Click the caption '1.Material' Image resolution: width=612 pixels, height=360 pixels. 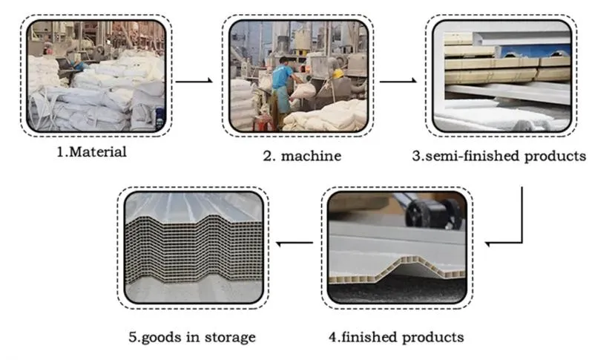click(x=93, y=153)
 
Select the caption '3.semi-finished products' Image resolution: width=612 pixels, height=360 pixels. click(x=499, y=156)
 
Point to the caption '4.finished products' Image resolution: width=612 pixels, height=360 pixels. click(x=396, y=337)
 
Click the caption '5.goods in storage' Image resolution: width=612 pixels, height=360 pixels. click(x=191, y=337)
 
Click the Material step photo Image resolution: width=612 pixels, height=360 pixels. click(x=97, y=76)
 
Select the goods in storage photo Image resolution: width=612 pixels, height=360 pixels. click(x=194, y=246)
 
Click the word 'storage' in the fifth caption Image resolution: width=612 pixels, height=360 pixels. click(x=229, y=337)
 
